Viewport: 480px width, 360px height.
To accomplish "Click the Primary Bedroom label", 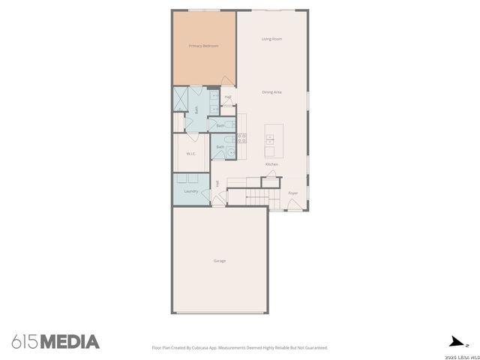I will tap(203, 46).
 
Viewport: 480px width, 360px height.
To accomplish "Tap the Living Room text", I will tap(271, 38).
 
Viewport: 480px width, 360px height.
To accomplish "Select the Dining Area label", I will tap(271, 91).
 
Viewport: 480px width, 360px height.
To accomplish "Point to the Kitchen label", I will tap(271, 163).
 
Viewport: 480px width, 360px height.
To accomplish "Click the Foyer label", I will tap(293, 193).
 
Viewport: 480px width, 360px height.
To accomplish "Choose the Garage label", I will tap(220, 260).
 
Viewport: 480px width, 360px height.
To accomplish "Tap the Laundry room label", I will tap(190, 191).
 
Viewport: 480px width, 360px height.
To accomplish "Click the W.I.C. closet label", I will tap(191, 154).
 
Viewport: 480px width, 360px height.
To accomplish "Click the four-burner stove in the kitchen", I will tap(241, 137).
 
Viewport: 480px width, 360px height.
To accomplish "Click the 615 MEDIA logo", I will tap(55, 342).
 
